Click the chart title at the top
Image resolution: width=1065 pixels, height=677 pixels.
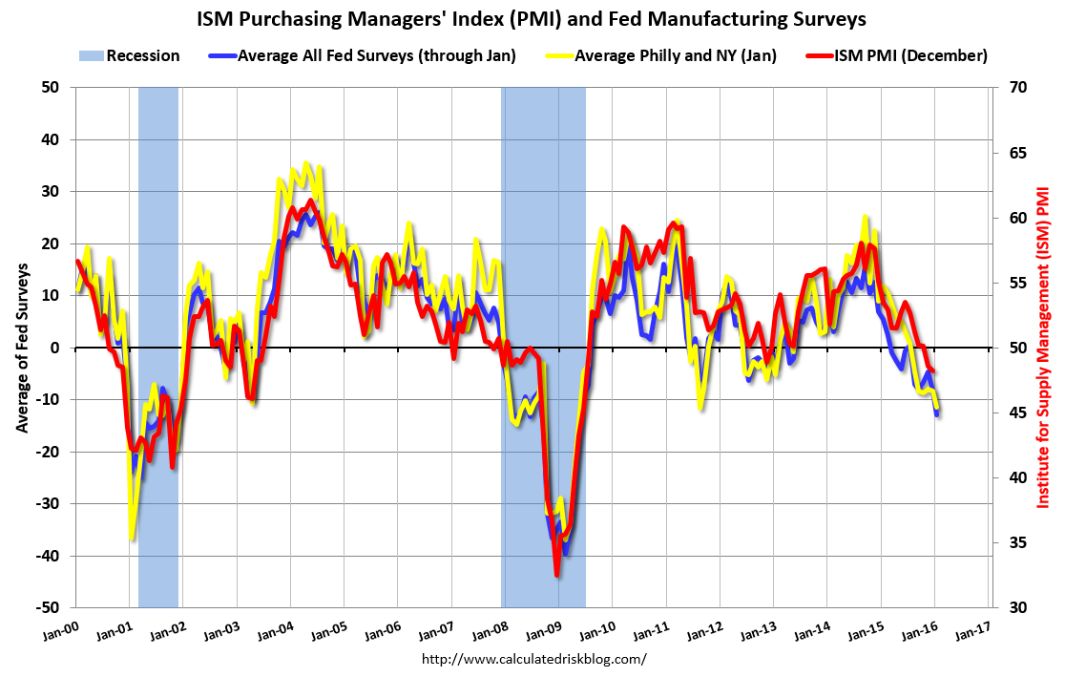[532, 18]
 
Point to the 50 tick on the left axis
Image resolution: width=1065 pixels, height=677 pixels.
[51, 88]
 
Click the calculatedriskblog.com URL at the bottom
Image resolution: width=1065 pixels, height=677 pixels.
[533, 659]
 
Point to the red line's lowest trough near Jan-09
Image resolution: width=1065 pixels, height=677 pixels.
[556, 575]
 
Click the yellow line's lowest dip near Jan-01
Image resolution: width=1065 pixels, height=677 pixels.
[132, 539]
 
